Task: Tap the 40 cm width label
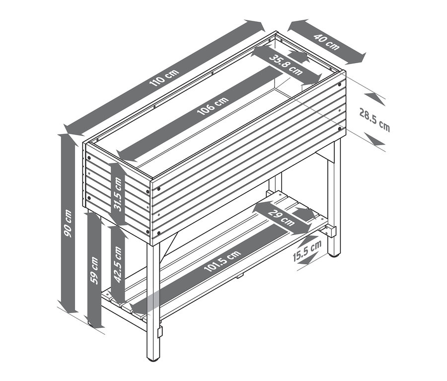click(327, 42)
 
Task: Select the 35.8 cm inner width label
click(286, 65)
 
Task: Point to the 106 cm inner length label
click(213, 106)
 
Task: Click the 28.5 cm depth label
click(374, 120)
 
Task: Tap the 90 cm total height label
click(68, 224)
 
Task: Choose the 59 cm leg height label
click(94, 271)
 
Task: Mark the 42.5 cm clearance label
click(118, 264)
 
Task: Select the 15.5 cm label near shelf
click(307, 251)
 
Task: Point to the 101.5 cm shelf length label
click(223, 261)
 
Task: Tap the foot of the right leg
click(334, 254)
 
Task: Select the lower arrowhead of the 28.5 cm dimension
click(374, 139)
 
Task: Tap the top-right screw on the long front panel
click(340, 84)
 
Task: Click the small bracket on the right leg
click(331, 230)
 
